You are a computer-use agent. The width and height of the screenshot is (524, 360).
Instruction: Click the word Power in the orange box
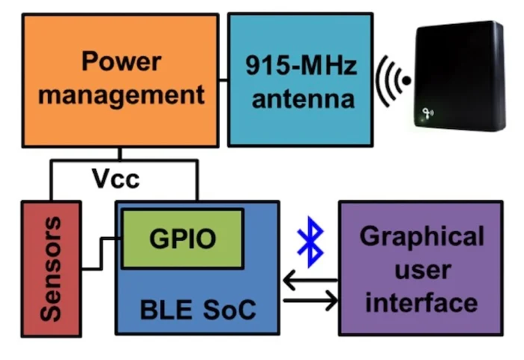click(121, 61)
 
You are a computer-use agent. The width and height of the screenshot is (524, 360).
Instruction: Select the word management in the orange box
click(121, 95)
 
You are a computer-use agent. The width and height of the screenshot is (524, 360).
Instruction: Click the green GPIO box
click(182, 238)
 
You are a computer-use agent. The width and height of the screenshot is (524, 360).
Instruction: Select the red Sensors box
click(50, 268)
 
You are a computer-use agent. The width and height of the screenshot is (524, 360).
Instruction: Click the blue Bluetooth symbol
click(307, 241)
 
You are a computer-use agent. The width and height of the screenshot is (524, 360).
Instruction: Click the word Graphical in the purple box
click(421, 236)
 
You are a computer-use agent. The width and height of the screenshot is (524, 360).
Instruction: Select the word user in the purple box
click(421, 269)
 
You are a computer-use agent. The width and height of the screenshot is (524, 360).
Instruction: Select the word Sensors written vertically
click(50, 268)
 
